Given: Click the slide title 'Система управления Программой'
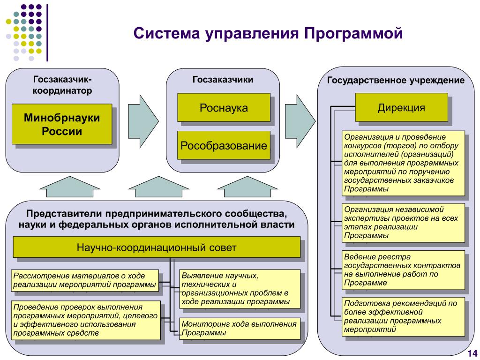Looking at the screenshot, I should [268, 34].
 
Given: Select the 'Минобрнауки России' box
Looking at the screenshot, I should [62, 124].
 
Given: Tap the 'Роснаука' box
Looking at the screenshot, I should [224, 108].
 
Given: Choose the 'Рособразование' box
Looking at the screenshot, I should [224, 145].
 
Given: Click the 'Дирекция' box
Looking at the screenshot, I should [401, 108].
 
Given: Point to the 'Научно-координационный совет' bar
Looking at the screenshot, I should [157, 247].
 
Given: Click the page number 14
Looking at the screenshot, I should [471, 353].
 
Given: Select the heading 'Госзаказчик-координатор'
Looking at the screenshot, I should [62, 84].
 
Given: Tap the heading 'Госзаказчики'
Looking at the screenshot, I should [223, 80].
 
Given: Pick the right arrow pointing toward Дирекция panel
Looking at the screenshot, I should [300, 115].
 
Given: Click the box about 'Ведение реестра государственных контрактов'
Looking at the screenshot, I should [404, 270].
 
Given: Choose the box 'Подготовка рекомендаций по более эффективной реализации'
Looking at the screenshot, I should [404, 316].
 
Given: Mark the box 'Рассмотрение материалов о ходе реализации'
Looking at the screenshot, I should [84, 280].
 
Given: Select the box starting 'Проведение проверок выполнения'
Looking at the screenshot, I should [84, 320].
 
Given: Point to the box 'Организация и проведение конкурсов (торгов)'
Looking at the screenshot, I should [404, 163].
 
